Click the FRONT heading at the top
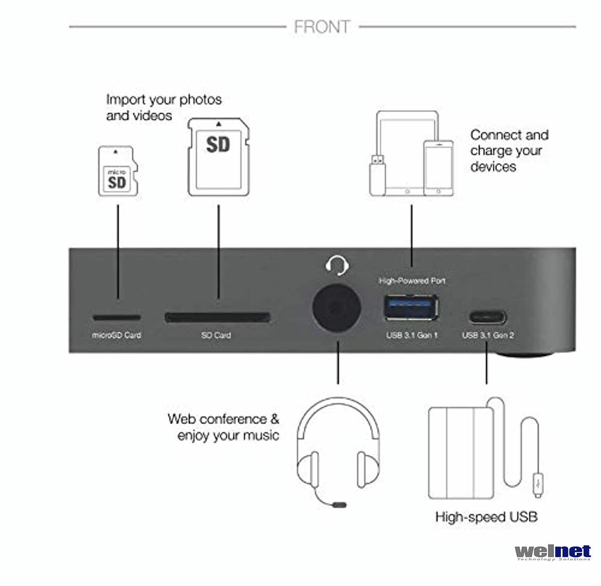[322, 27]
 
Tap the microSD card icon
[117, 171]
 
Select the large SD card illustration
[218, 157]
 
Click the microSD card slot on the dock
[116, 318]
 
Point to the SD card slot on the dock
[217, 317]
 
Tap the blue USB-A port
[411, 307]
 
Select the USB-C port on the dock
[487, 317]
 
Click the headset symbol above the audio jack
[337, 265]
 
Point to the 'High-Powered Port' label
[412, 281]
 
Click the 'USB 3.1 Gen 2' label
[487, 335]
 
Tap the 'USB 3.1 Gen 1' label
[412, 335]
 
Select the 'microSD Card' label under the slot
[116, 335]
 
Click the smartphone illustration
[438, 168]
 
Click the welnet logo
[552, 552]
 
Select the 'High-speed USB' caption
[486, 517]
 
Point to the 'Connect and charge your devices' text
[509, 150]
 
